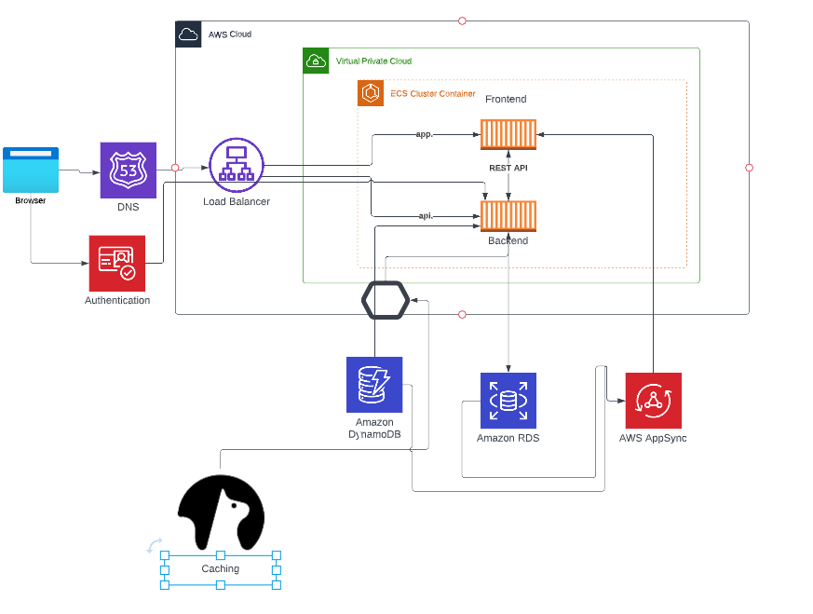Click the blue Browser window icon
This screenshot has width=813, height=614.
31,170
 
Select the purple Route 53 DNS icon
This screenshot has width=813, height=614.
129,170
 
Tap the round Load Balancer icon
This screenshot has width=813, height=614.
237,165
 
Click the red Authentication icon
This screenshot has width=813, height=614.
117,263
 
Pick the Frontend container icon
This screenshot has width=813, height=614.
508,134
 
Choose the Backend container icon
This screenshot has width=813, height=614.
508,216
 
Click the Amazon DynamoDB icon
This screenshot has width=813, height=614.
374,384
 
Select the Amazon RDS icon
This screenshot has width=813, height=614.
508,401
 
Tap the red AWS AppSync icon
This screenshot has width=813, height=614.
653,401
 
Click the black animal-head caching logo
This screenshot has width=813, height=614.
221,512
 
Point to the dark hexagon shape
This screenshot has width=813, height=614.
386,300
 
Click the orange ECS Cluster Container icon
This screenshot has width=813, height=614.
371,93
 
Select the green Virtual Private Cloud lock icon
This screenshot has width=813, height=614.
317,61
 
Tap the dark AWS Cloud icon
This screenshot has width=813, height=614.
188,34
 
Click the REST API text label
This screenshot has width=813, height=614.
508,168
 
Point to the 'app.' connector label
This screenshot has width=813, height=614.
425,134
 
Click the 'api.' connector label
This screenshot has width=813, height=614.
426,216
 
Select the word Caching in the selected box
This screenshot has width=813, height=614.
221,568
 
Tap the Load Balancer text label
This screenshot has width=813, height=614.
237,201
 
